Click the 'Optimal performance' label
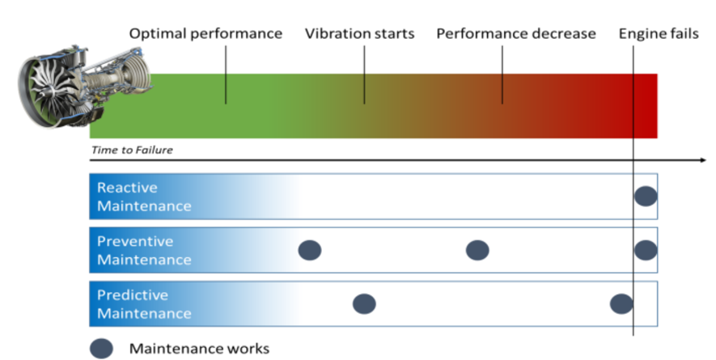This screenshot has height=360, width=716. [205, 34]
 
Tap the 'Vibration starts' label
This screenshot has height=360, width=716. [360, 34]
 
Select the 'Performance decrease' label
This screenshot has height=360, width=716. [516, 34]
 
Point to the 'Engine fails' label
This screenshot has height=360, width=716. [659, 34]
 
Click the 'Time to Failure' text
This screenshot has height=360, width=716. [132, 150]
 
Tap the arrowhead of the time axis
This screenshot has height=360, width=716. [703, 160]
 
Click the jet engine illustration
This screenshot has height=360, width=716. [84, 86]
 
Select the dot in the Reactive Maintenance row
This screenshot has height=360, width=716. [646, 197]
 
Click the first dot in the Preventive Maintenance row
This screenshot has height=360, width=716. [310, 250]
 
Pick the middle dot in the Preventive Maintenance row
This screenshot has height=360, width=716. [477, 250]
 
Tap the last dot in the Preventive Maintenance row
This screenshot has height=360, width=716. [646, 250]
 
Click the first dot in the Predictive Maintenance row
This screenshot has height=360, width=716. [364, 304]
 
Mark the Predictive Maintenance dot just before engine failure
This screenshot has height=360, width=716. [621, 304]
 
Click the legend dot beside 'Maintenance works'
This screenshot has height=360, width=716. [101, 349]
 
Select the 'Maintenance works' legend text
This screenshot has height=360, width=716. [199, 349]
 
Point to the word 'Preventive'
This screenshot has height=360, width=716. [135, 241]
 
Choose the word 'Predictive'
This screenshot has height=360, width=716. [133, 295]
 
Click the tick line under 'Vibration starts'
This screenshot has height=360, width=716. [364, 74]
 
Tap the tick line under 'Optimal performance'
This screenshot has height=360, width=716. [226, 74]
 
